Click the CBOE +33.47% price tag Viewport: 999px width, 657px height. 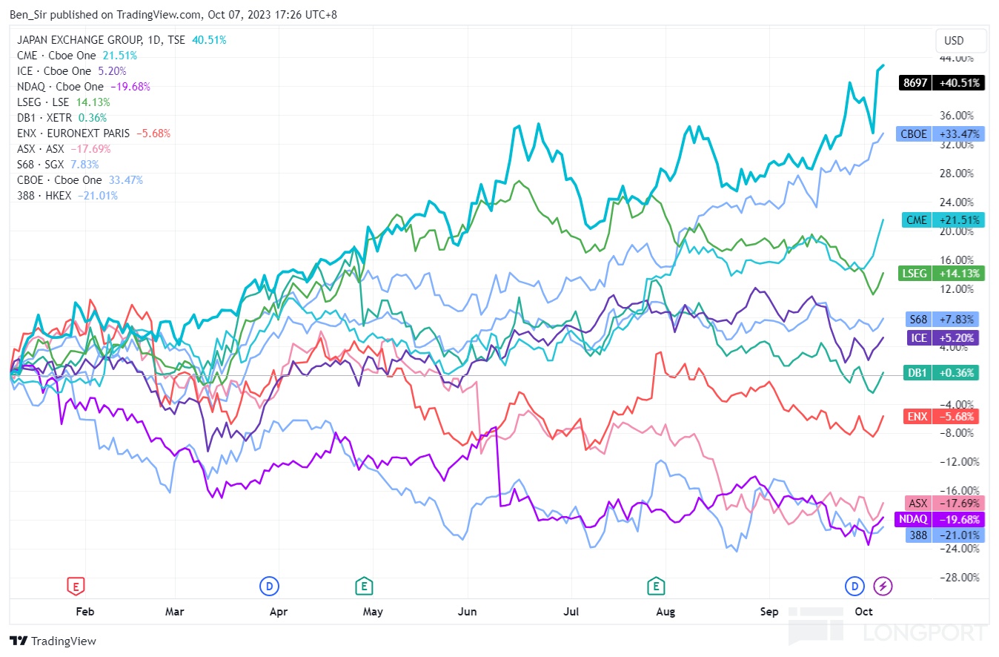tap(938, 134)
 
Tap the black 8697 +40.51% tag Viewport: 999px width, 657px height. tap(940, 83)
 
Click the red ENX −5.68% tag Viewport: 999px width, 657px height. tap(941, 417)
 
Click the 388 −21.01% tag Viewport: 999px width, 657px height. tap(942, 535)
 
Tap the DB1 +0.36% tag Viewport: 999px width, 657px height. tap(941, 373)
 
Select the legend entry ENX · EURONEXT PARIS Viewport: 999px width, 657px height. tap(73, 133)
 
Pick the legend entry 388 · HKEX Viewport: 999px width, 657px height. tap(47, 196)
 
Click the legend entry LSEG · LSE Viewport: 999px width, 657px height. tap(43, 102)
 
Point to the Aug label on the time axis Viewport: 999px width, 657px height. tap(666, 611)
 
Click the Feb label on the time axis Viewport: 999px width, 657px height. tap(85, 611)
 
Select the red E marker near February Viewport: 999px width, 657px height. tap(75, 587)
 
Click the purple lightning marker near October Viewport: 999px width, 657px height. tap(883, 587)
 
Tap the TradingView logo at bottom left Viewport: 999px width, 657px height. tap(53, 641)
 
